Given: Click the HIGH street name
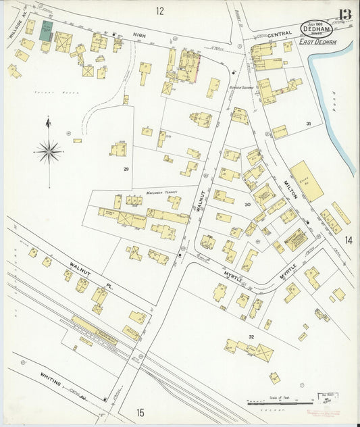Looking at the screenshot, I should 139,35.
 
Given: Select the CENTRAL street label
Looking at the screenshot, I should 279,34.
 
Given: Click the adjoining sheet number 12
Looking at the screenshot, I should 159,10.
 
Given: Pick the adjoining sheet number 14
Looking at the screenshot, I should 349,240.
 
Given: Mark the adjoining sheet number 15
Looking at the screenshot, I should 140,412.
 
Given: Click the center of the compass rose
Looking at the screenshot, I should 49,151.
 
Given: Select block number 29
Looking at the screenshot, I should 126,168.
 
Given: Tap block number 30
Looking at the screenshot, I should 248,204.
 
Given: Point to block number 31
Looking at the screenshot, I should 308,124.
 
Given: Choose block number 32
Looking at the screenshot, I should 251,336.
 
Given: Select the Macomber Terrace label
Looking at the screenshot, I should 161,193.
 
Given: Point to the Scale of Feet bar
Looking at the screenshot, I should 274,403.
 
